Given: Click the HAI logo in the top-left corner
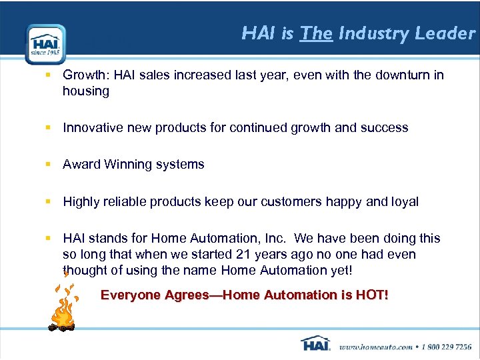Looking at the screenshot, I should (x=45, y=44).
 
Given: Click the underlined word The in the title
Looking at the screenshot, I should (x=316, y=33).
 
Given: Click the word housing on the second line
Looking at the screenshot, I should (x=86, y=91).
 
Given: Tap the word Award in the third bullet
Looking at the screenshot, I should (x=81, y=165).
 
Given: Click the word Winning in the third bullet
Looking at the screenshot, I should (x=127, y=165).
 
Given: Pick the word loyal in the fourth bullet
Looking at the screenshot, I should (x=403, y=201).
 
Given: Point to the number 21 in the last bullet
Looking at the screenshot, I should (x=242, y=255).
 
